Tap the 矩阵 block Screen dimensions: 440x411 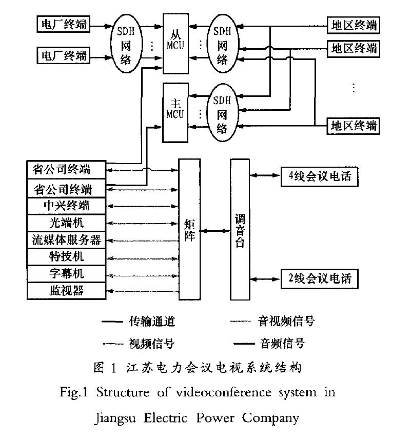188,229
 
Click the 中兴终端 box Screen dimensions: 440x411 66,206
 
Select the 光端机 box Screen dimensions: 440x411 66,223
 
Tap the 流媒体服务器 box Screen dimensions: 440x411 66,239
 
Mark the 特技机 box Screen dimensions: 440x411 66,256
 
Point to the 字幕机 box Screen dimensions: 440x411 66,273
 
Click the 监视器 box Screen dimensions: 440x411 66,291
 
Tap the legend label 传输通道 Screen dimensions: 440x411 152,322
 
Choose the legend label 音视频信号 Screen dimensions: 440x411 285,322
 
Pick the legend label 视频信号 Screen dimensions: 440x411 152,343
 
